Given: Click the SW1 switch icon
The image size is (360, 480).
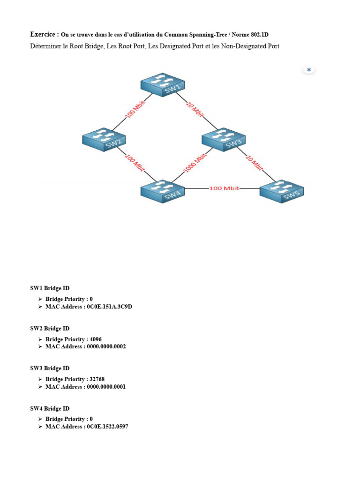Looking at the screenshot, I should pos(163,84).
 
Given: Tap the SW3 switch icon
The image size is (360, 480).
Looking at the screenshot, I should pos(224,139).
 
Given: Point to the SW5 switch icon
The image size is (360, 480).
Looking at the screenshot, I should pos(282,192).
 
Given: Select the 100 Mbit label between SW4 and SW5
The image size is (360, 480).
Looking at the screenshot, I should pos(224,188).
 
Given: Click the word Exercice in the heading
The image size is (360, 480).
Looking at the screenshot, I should pos(45,34).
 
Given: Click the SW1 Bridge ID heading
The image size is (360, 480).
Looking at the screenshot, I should pos(50,288).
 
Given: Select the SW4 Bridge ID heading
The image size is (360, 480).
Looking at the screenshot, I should pos(50,408).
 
